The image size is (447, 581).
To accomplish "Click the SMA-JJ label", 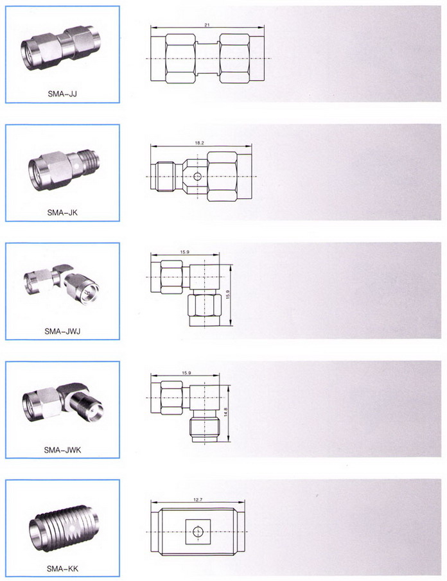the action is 62,93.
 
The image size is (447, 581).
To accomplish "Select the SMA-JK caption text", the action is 62,212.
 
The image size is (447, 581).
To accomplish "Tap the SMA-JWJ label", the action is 62,331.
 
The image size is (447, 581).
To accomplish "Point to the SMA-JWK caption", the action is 62,450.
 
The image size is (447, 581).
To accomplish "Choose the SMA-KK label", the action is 62,568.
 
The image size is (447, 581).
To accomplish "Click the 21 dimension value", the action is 207,25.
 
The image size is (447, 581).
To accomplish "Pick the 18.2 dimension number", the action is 199,143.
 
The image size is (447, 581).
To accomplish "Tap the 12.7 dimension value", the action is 198,499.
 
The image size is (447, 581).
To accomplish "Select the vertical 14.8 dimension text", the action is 225,412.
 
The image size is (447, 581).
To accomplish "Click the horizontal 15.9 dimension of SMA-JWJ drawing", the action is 184,252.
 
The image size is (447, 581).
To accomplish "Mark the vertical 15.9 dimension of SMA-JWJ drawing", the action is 228,295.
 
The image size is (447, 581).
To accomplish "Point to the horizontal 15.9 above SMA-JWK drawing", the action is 186,373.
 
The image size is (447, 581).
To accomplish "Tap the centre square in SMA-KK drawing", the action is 198,532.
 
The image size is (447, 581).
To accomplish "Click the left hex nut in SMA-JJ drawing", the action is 180,58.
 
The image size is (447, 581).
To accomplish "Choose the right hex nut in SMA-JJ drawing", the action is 234,58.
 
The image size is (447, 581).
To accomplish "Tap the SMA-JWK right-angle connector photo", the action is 62,406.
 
